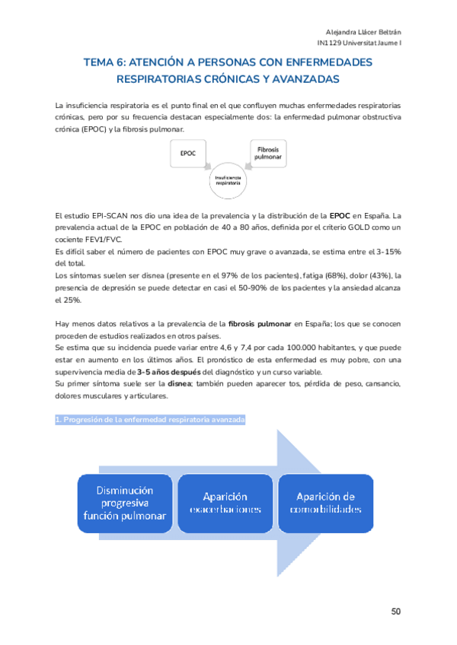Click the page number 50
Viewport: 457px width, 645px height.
pos(396,611)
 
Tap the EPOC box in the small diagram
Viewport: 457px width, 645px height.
pos(188,154)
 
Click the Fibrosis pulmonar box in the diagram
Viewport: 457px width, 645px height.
pos(268,152)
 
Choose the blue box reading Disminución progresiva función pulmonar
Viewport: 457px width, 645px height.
pos(124,503)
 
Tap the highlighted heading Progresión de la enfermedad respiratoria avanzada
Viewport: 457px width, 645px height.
pos(150,419)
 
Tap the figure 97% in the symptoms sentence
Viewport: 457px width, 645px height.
pos(231,275)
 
